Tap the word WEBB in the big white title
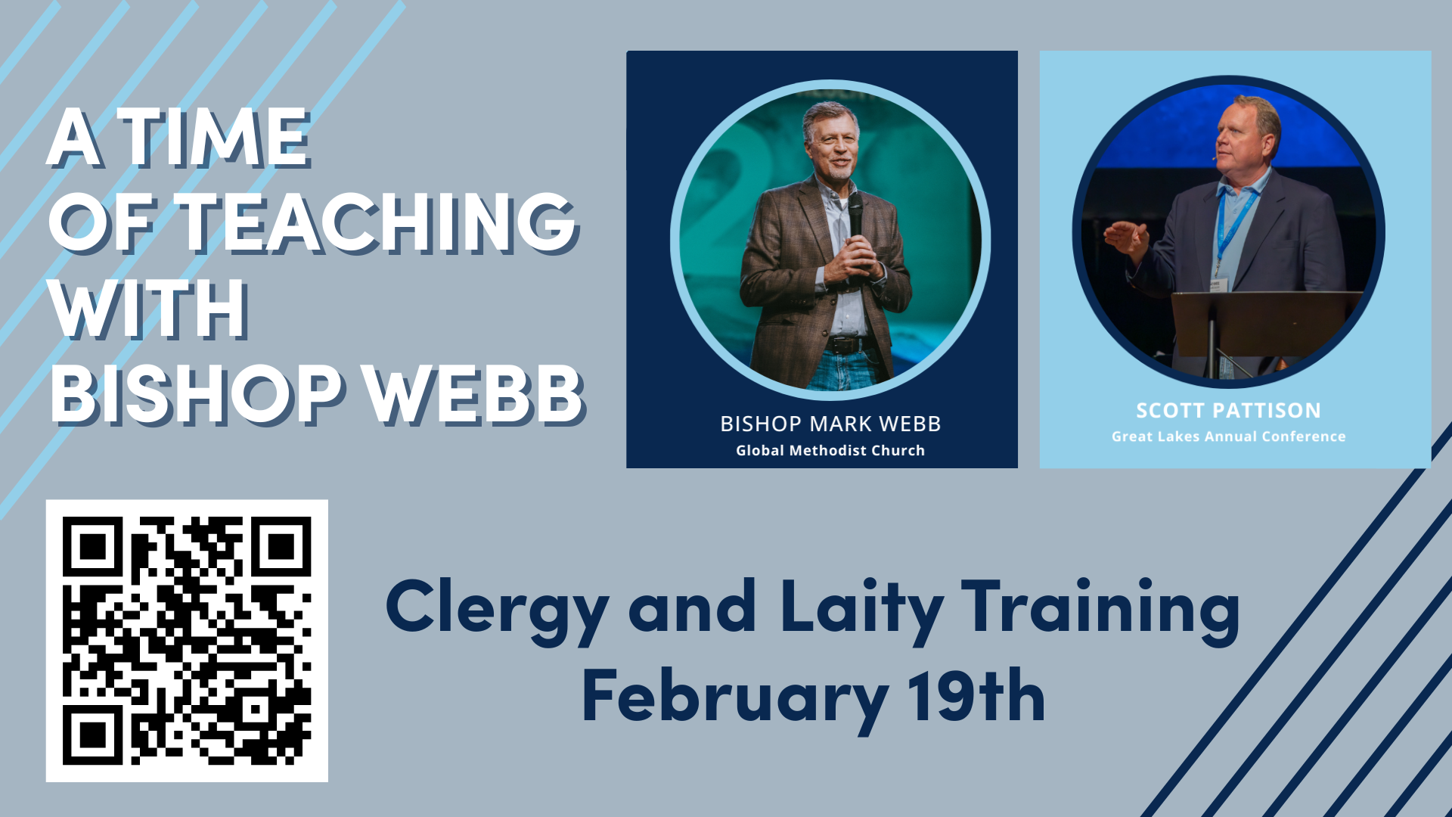tap(476, 394)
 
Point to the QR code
tap(187, 641)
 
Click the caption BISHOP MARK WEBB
tap(830, 424)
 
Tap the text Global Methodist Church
tap(830, 450)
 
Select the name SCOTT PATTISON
tap(1228, 411)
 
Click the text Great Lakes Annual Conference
tap(1228, 436)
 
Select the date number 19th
tap(976, 696)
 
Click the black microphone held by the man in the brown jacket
tap(855, 219)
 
